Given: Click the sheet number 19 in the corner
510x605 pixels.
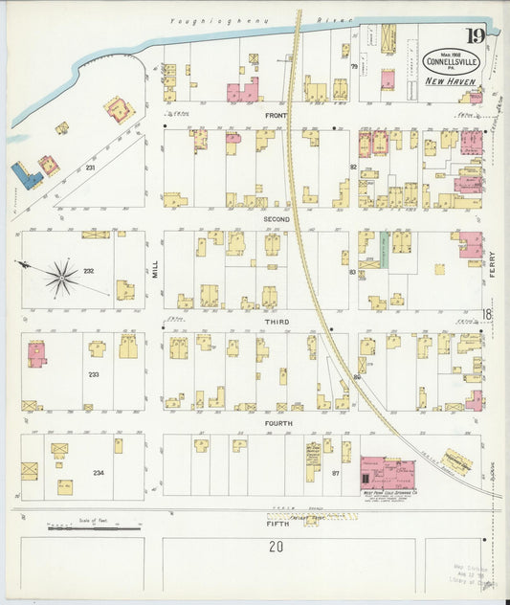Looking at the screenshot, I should (x=476, y=37).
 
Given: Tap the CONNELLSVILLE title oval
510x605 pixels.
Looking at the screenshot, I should (x=446, y=61).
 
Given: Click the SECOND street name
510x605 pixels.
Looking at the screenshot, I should (x=277, y=219).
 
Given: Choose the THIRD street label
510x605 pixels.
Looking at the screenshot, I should (x=277, y=323).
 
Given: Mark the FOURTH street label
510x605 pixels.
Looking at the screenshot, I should (x=278, y=422).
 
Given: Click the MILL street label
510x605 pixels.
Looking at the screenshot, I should (x=153, y=270).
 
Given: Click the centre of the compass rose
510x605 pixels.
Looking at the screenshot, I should (x=61, y=278).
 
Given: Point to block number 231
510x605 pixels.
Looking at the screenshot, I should (x=90, y=168).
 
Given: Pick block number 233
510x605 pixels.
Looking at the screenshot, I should (x=94, y=374).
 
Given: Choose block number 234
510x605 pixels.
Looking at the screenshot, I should (x=98, y=473).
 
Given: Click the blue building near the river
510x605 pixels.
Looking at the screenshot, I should (x=26, y=176).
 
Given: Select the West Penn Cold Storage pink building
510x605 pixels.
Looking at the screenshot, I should (x=387, y=473).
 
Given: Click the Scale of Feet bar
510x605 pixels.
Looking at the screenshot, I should (x=94, y=525).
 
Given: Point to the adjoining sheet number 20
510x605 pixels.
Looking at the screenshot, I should (x=277, y=548).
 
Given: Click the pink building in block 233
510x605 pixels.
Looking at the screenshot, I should (x=36, y=355).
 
